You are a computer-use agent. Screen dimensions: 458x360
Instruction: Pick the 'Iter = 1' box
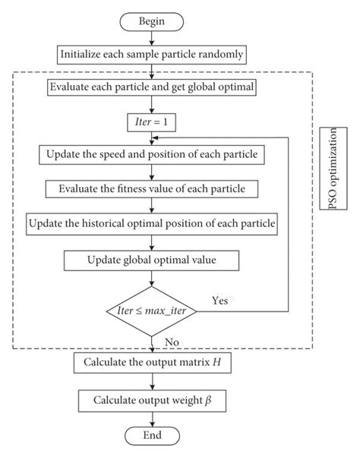[153, 120]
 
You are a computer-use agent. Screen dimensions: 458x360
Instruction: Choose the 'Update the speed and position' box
[153, 155]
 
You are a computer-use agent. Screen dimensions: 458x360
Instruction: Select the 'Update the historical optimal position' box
[153, 224]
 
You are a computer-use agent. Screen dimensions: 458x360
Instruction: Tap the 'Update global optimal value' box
[153, 261]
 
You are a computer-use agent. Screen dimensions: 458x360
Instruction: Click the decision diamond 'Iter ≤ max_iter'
[153, 311]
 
